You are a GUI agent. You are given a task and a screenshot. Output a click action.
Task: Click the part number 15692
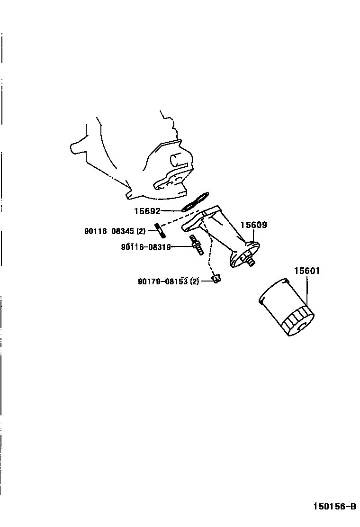click(x=148, y=211)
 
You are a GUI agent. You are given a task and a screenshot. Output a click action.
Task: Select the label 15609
click(x=253, y=225)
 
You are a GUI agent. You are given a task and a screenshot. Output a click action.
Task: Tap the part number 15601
click(x=307, y=271)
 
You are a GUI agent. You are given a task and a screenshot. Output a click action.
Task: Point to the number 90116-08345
click(x=109, y=231)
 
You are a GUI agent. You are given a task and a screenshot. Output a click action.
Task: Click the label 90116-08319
click(x=145, y=246)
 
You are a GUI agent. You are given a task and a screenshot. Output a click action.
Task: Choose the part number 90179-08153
click(x=163, y=282)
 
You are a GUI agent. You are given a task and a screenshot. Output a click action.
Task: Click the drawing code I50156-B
click(x=334, y=507)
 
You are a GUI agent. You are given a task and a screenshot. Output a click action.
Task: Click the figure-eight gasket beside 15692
click(x=195, y=201)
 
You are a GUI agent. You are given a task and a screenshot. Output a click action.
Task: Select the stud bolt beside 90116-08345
click(x=159, y=232)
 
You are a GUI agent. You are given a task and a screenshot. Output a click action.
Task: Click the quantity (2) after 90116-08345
click(x=141, y=231)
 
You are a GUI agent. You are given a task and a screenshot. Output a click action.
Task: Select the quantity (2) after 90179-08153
click(x=195, y=282)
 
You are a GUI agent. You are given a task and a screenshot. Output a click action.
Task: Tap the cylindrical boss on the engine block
click(x=176, y=160)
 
